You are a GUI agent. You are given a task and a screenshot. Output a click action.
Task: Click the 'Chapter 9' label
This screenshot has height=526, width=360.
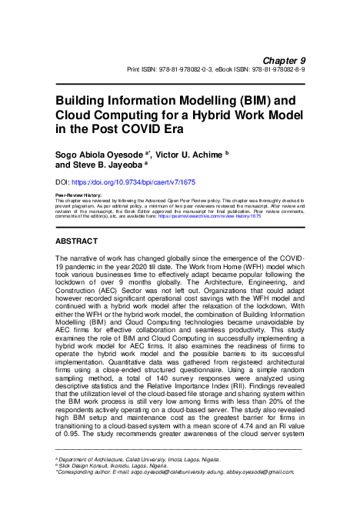coord(285,59)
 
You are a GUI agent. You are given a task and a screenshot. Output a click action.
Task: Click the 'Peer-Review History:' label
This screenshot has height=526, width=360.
coord(81,196)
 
